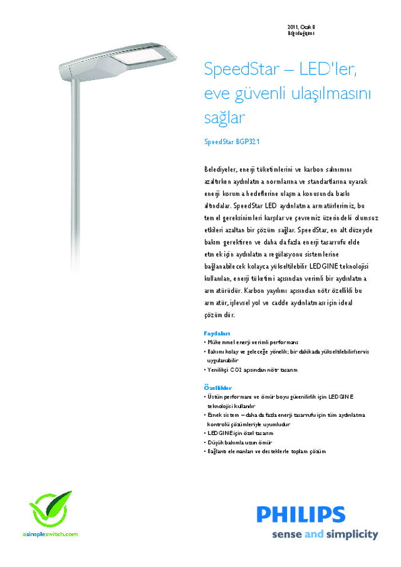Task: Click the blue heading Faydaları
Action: click(x=217, y=334)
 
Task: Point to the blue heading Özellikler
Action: click(x=218, y=388)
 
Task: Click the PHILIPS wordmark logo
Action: click(x=301, y=515)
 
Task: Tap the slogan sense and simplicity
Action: click(x=325, y=534)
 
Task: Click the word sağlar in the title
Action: click(x=224, y=118)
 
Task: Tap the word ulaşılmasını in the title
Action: click(x=330, y=94)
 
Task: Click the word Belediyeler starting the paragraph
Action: click(x=221, y=170)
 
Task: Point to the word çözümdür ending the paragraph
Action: click(x=219, y=315)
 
